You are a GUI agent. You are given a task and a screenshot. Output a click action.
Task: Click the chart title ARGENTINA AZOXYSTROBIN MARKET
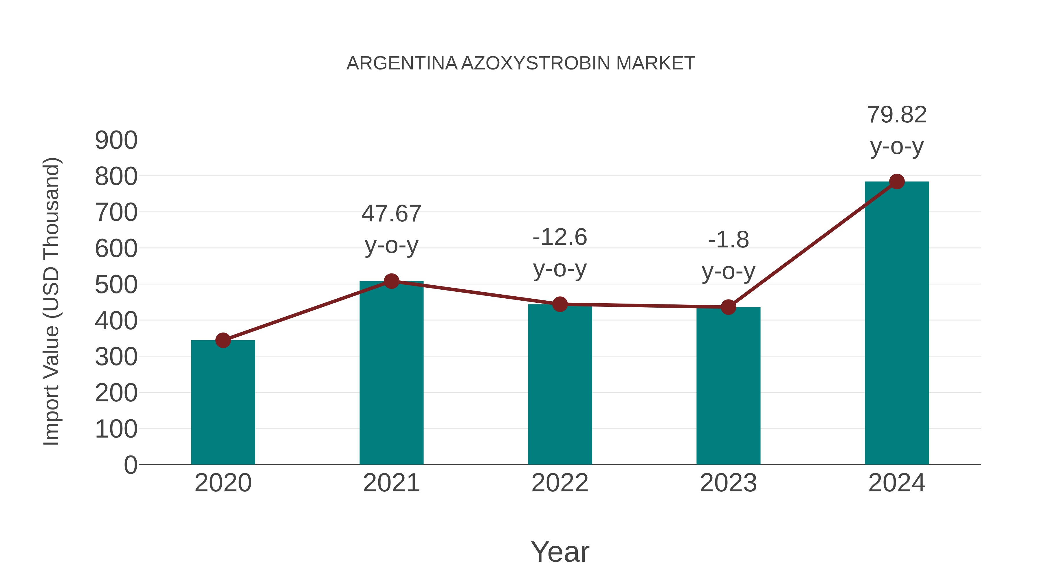coord(521,63)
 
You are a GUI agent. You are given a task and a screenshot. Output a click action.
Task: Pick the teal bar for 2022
coord(560,384)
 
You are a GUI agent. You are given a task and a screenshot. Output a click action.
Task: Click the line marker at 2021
coord(391,281)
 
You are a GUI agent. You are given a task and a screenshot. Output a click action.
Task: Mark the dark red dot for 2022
coord(560,304)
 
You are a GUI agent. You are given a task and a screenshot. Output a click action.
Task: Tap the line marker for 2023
coord(728,307)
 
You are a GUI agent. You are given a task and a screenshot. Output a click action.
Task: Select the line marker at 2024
coord(897,181)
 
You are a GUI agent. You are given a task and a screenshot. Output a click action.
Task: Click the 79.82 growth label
coord(897,115)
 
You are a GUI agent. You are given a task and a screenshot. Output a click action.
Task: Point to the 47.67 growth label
coord(391,214)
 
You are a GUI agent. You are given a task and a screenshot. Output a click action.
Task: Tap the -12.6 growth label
coord(560,237)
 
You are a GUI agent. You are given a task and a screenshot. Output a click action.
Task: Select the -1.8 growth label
coord(728,240)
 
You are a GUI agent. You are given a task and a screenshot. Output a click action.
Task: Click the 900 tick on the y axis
coord(116,141)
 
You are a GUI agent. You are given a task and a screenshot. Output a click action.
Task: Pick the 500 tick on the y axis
coord(116,285)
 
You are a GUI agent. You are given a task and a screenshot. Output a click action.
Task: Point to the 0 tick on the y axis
coord(131,465)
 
